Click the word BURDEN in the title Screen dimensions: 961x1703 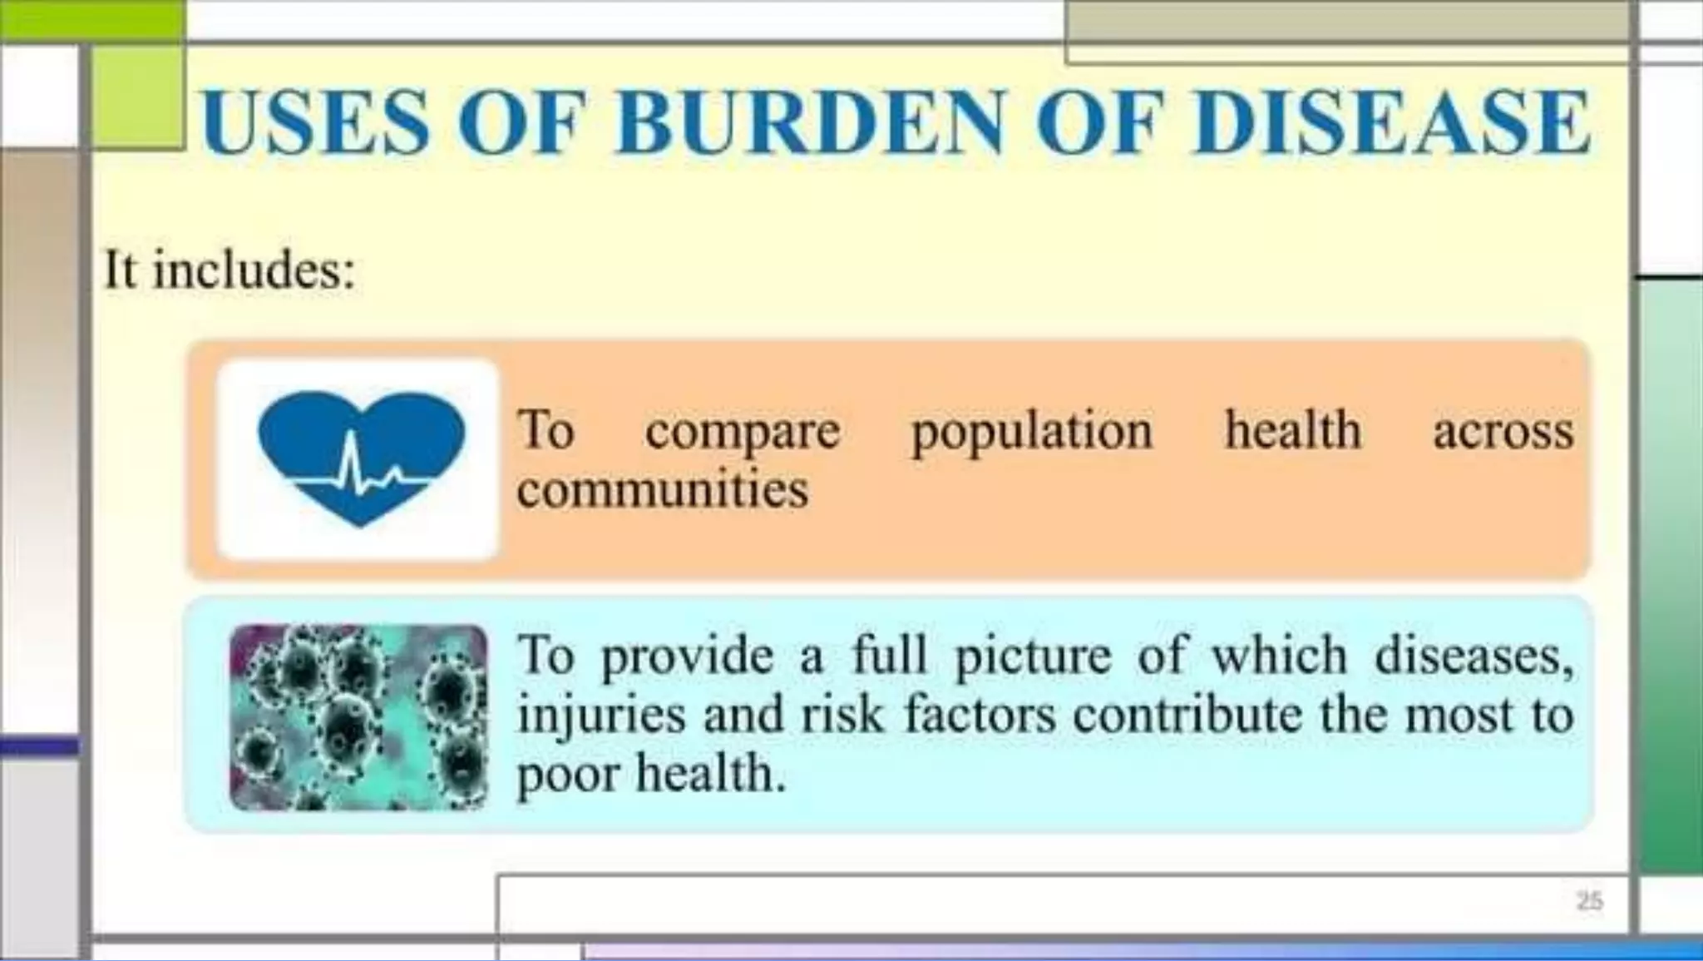pyautogui.click(x=811, y=122)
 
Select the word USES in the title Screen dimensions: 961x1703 pyautogui.click(x=315, y=122)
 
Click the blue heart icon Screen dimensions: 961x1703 pyautogui.click(x=361, y=457)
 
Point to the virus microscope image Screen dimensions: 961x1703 pyautogui.click(x=358, y=717)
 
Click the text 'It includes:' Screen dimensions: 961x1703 pyautogui.click(x=230, y=270)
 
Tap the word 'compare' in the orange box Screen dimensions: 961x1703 pyautogui.click(x=743, y=432)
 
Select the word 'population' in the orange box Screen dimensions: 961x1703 pyautogui.click(x=1032, y=432)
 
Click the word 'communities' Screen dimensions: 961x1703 pyautogui.click(x=662, y=489)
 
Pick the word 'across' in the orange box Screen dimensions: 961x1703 pyautogui.click(x=1503, y=432)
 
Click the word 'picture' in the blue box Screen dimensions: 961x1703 pyautogui.click(x=1033, y=656)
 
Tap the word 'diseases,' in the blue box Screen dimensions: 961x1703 pyautogui.click(x=1473, y=656)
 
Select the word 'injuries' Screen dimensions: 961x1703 pyautogui.click(x=600, y=716)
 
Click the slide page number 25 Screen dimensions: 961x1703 pyautogui.click(x=1589, y=901)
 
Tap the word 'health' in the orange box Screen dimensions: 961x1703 pyautogui.click(x=1292, y=430)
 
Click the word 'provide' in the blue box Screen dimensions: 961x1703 pyautogui.click(x=687, y=656)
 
